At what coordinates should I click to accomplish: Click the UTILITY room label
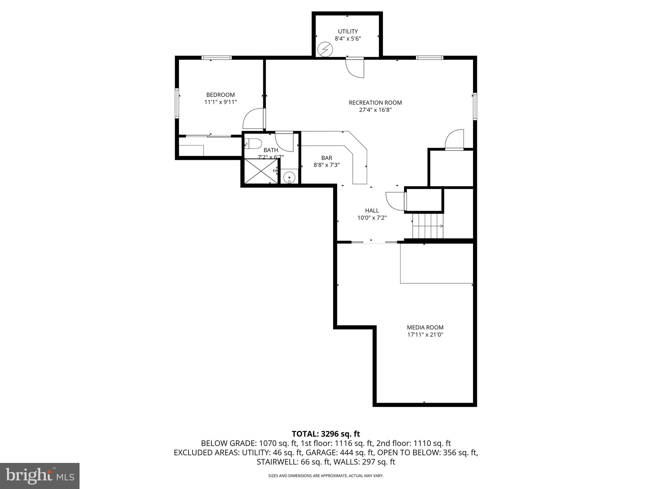(x=348, y=31)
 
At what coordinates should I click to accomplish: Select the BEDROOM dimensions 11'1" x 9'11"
(x=220, y=102)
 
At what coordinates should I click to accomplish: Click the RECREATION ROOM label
(x=375, y=103)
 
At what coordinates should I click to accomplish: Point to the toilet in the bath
(x=253, y=144)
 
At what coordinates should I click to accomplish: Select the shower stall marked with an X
(x=260, y=171)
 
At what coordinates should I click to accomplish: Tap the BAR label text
(x=327, y=158)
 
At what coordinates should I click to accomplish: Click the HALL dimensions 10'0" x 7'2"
(x=372, y=218)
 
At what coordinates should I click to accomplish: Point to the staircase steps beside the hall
(x=428, y=226)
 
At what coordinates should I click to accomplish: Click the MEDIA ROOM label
(x=425, y=327)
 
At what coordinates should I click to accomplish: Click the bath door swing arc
(x=284, y=142)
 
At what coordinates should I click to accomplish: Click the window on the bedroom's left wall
(x=177, y=103)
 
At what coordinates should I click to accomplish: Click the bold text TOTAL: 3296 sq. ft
(x=326, y=434)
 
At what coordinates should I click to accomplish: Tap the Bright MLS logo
(x=40, y=476)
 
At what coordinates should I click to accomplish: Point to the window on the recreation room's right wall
(x=475, y=106)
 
